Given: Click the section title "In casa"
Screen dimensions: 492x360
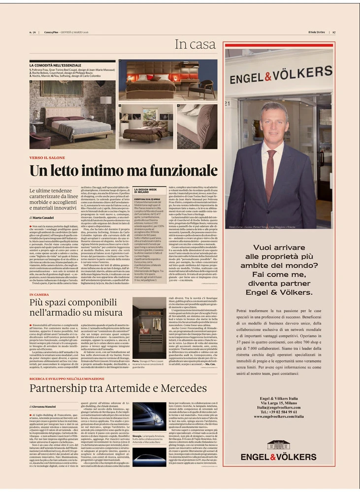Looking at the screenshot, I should point(196,45).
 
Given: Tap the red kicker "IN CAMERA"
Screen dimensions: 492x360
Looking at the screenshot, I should point(39,294).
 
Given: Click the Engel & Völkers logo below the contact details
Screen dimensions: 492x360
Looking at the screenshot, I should point(279,453).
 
